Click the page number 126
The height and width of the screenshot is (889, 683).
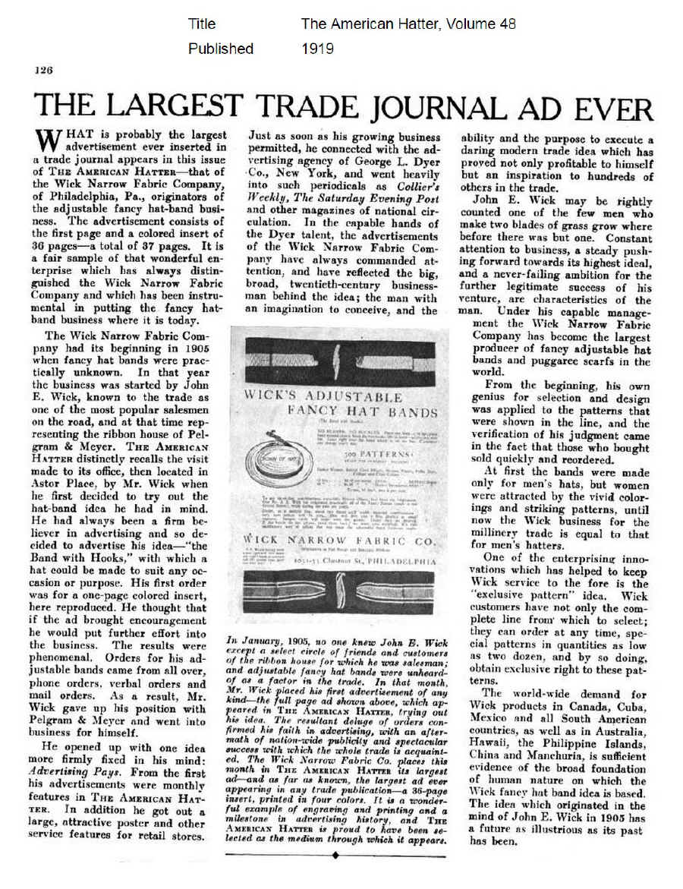(x=42, y=70)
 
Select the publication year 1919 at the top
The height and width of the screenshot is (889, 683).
(x=318, y=49)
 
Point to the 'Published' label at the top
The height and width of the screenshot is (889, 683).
(x=221, y=49)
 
